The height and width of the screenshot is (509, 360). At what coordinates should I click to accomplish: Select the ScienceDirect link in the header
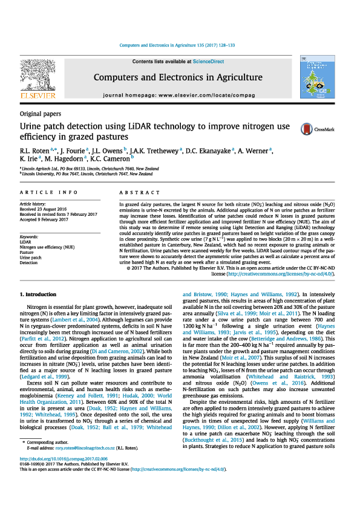click(208, 62)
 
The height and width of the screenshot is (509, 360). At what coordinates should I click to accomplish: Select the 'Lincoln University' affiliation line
click(87, 173)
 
